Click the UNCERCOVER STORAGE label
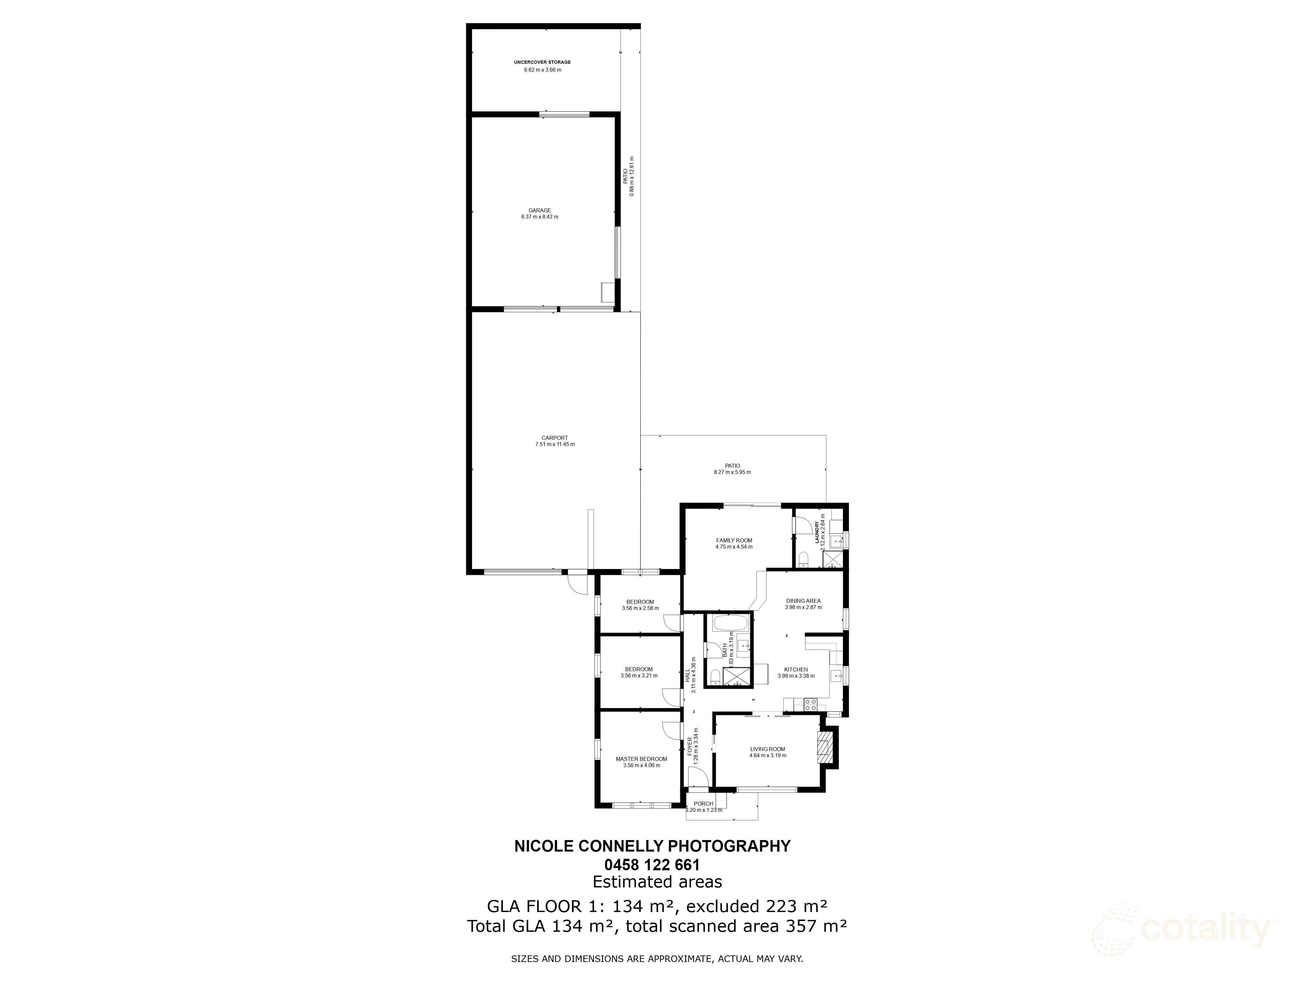pyautogui.click(x=542, y=62)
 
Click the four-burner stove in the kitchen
pyautogui.click(x=810, y=705)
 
